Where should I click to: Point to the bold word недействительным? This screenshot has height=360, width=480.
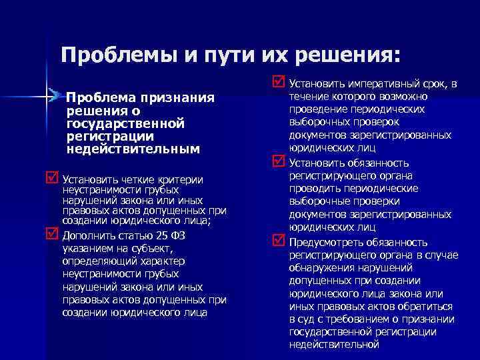pos(133,149)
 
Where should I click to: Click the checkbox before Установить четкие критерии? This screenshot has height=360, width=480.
pos(51,179)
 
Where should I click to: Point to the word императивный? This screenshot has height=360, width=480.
pos(379,85)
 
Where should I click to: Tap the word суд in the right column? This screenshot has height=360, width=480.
pos(305,319)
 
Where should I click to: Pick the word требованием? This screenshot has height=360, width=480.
pos(353,319)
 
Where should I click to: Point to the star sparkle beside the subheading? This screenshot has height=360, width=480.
pos(47,97)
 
